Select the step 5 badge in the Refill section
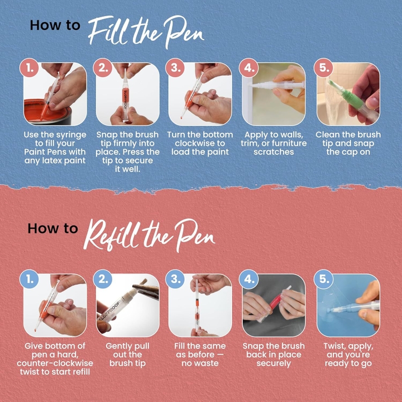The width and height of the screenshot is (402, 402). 323,280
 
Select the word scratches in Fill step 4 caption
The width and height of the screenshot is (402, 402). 274,152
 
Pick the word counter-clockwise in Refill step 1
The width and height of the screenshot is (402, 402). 55,363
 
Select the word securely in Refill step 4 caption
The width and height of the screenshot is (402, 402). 274,363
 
